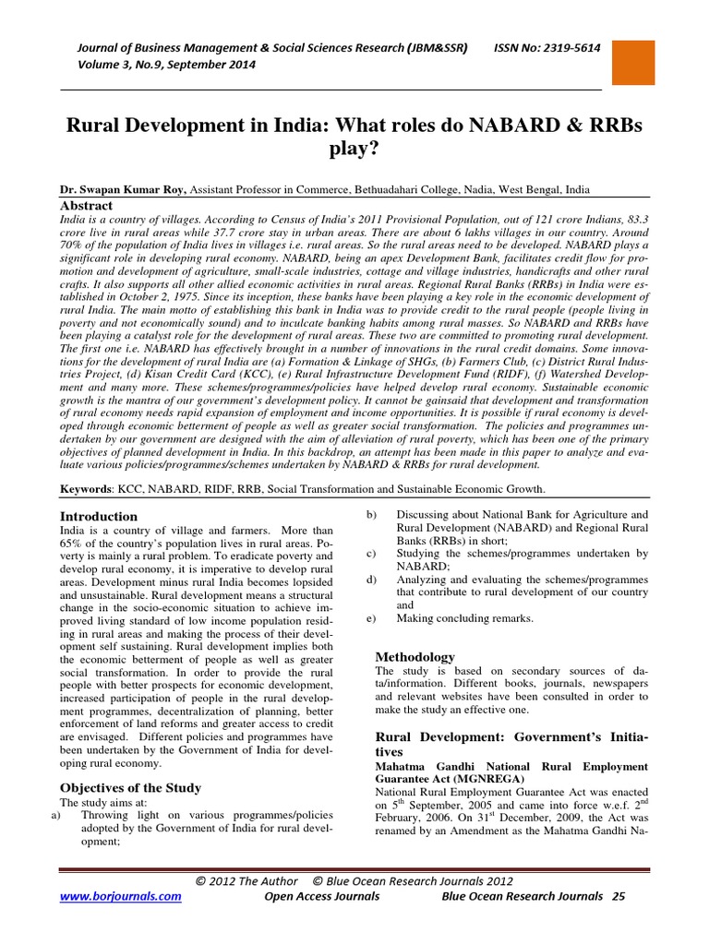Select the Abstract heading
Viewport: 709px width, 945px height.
[x=87, y=206]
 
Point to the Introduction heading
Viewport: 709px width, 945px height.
[x=99, y=517]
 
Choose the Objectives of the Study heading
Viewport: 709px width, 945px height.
[x=130, y=788]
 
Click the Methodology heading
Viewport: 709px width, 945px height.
[x=415, y=657]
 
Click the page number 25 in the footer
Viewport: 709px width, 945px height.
[x=619, y=896]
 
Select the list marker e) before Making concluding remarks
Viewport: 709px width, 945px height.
[x=371, y=618]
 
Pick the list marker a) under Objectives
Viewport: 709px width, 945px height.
[x=55, y=816]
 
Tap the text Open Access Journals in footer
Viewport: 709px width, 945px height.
[x=321, y=896]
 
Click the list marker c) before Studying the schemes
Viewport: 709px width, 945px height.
[x=371, y=554]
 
